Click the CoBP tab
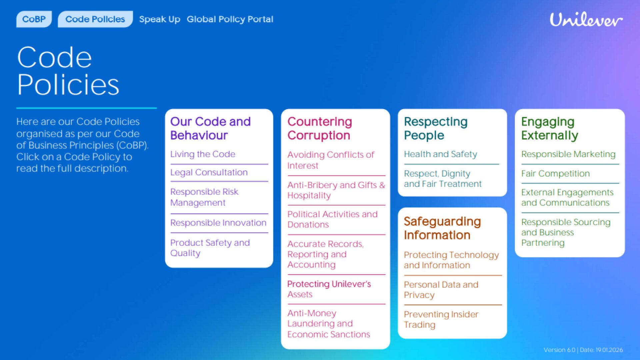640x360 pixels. click(x=34, y=19)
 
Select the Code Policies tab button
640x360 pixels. click(x=95, y=19)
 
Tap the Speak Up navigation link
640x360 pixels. click(x=160, y=19)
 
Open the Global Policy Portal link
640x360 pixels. click(x=230, y=19)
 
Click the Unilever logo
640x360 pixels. click(x=586, y=20)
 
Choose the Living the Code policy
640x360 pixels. click(x=203, y=154)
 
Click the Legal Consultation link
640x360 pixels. click(x=209, y=172)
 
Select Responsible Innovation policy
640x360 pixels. click(x=218, y=223)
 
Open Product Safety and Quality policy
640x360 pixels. click(x=210, y=248)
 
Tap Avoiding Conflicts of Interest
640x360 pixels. click(x=330, y=160)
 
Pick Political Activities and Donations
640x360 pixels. click(x=332, y=219)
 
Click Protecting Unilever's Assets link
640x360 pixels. click(x=329, y=289)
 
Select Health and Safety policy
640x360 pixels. click(x=440, y=154)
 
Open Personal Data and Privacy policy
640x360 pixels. click(x=441, y=290)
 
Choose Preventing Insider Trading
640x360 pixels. click(x=441, y=319)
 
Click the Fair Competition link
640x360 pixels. click(x=555, y=173)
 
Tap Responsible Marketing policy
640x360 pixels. click(x=568, y=154)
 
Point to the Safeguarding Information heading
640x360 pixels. click(x=442, y=228)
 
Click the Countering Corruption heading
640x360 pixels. click(x=319, y=128)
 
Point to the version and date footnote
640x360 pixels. click(x=583, y=350)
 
